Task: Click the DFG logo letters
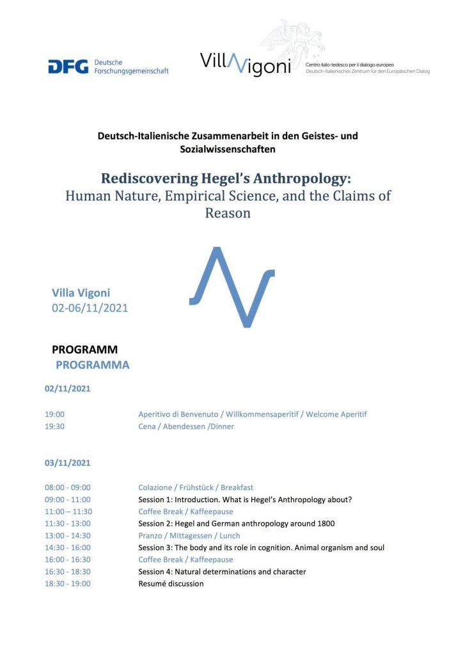(68, 66)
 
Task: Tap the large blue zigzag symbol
(232, 286)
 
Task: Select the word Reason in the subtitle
(228, 213)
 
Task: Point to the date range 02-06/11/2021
(90, 308)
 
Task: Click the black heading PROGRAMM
(84, 349)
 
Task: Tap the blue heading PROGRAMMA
(92, 365)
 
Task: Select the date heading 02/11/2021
(67, 388)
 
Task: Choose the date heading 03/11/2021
(67, 462)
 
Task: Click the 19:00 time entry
(54, 414)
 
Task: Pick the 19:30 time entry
(54, 426)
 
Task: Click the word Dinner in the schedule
(221, 426)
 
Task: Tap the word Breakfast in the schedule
(237, 487)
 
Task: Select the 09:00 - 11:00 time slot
(67, 500)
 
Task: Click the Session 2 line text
(237, 523)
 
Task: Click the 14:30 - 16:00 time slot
(67, 548)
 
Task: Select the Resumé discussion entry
(171, 583)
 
